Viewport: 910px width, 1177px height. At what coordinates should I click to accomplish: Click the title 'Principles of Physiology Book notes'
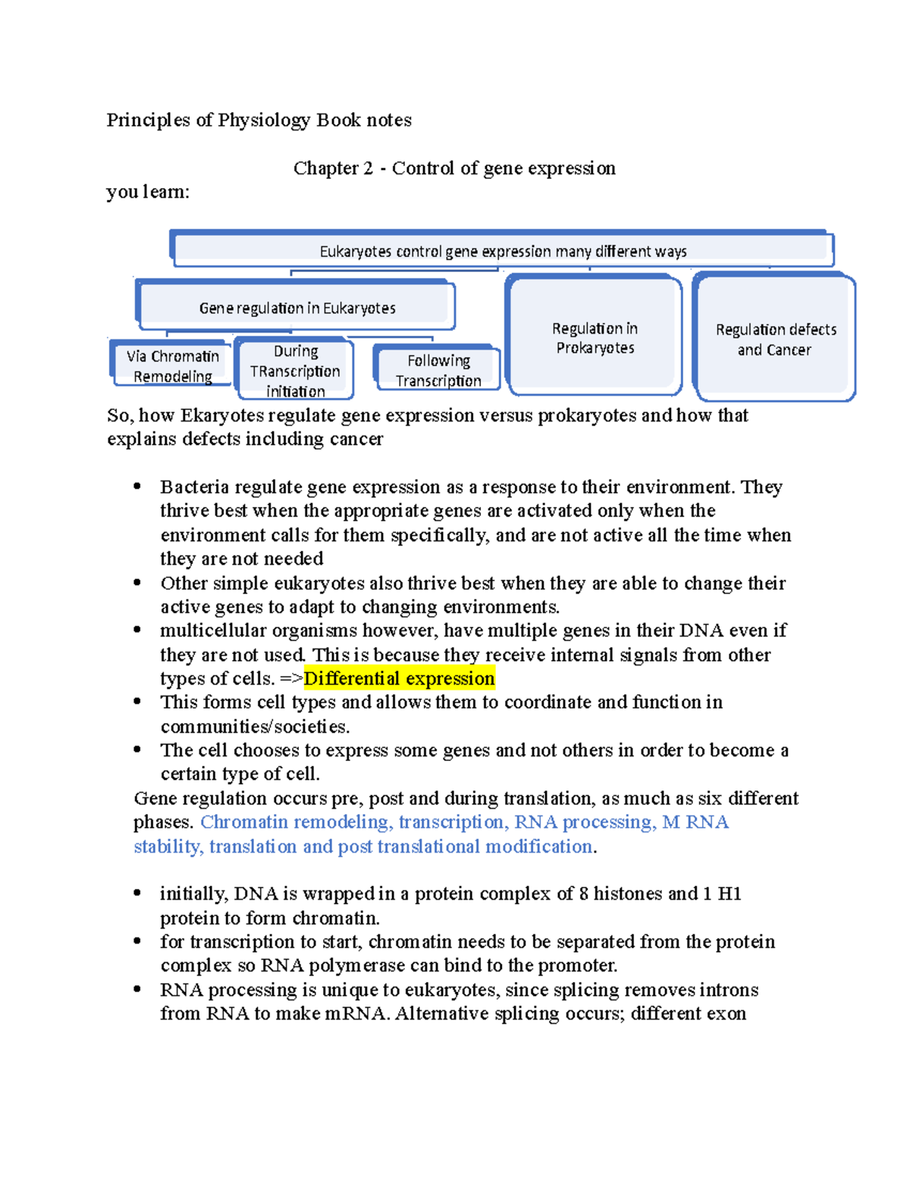pos(259,120)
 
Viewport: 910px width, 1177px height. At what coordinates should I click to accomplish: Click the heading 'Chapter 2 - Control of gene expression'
pos(454,167)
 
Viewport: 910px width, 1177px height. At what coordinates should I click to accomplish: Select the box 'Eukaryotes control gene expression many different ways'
pos(503,251)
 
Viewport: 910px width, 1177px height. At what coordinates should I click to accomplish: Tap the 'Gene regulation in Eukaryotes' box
pos(297,308)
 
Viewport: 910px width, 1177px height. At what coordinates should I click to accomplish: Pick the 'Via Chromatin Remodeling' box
pos(172,365)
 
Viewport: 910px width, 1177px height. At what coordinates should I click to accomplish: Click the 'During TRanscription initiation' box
pos(295,371)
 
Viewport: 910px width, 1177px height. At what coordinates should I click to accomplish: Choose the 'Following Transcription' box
pos(438,371)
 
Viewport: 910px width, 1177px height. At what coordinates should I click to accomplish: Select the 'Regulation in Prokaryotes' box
pos(595,337)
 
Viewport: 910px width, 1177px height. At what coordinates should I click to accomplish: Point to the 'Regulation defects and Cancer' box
pos(775,339)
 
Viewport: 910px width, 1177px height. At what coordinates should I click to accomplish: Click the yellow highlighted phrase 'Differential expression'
pos(399,678)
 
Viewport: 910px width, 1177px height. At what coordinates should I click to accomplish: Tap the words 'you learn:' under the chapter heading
pos(148,192)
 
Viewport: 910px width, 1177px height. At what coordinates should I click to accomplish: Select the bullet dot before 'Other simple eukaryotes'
pos(137,583)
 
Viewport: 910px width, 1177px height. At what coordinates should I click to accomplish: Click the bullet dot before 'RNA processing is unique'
pos(137,989)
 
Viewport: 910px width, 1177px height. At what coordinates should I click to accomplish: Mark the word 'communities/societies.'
pos(255,726)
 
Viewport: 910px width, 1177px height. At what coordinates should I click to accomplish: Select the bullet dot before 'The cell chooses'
pos(137,750)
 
